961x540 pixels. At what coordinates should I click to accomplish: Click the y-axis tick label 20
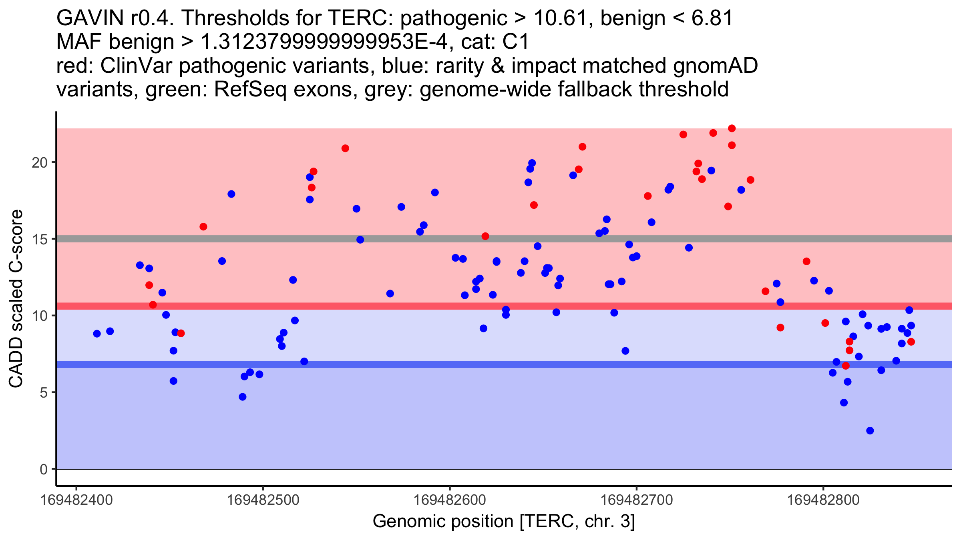(39, 162)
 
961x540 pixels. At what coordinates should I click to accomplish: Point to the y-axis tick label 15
(39, 239)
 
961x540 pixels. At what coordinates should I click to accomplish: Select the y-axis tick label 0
(43, 469)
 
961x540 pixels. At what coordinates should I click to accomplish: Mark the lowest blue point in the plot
(870, 431)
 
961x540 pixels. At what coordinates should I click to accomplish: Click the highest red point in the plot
(732, 128)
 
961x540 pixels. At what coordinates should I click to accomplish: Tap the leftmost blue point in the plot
(97, 334)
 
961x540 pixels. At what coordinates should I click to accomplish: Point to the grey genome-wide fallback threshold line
(400, 239)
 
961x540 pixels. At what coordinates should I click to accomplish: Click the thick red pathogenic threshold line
(400, 306)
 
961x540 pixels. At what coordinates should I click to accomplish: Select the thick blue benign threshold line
(400, 364)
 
